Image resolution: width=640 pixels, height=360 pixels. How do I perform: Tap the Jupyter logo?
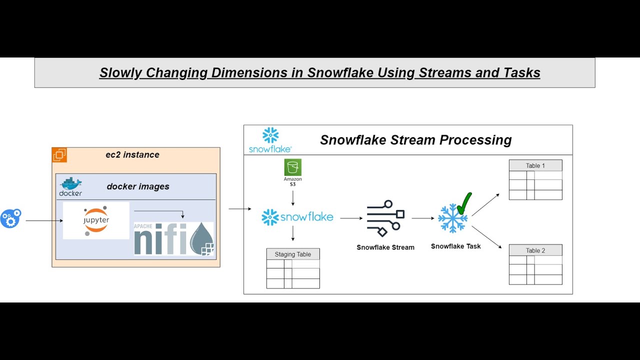[96, 220]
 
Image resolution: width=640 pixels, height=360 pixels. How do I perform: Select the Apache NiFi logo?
[173, 238]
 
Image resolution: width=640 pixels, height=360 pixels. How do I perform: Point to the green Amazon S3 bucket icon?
[292, 167]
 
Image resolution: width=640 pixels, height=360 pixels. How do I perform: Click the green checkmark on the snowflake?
[464, 203]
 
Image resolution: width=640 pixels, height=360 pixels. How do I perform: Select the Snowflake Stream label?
[385, 247]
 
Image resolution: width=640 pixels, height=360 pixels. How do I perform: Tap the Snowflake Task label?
[455, 246]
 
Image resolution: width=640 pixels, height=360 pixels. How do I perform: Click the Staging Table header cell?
[292, 254]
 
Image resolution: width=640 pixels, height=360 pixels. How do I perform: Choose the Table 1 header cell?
[535, 165]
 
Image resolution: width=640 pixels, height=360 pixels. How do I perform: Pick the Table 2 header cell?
[535, 250]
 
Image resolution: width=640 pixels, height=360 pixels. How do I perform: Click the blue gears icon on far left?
[10, 218]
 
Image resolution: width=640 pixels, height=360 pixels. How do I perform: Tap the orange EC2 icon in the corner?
[59, 155]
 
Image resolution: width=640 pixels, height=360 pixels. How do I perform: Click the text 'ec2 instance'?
[132, 154]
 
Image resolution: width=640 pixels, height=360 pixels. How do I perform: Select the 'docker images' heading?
[138, 186]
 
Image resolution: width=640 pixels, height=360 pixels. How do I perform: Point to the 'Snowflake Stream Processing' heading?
[415, 140]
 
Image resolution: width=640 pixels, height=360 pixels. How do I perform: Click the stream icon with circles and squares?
[385, 218]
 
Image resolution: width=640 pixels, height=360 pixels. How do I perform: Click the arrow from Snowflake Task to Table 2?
[486, 237]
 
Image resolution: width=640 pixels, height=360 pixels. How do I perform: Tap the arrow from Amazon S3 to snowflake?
[292, 197]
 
